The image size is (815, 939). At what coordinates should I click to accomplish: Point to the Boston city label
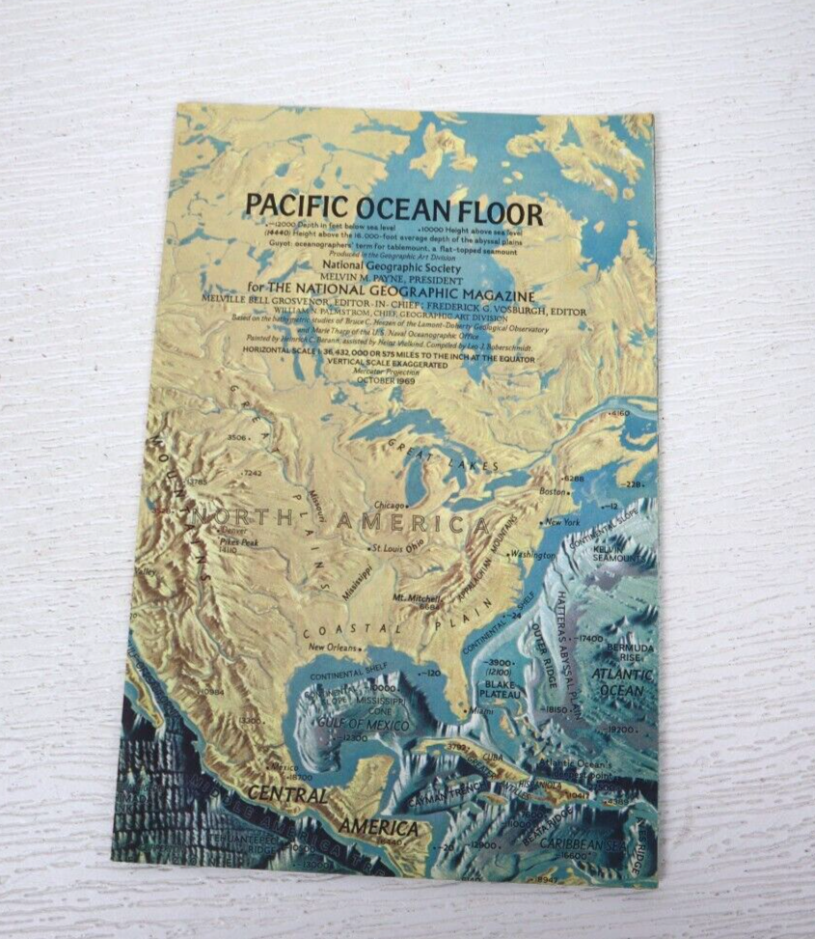553,491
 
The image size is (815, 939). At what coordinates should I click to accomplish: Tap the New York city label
564,522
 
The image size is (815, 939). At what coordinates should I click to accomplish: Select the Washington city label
533,555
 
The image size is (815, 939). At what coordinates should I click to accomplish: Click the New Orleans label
333,648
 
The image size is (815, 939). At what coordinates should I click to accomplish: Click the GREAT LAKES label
444,455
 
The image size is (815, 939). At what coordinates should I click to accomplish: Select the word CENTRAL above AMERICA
286,795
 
